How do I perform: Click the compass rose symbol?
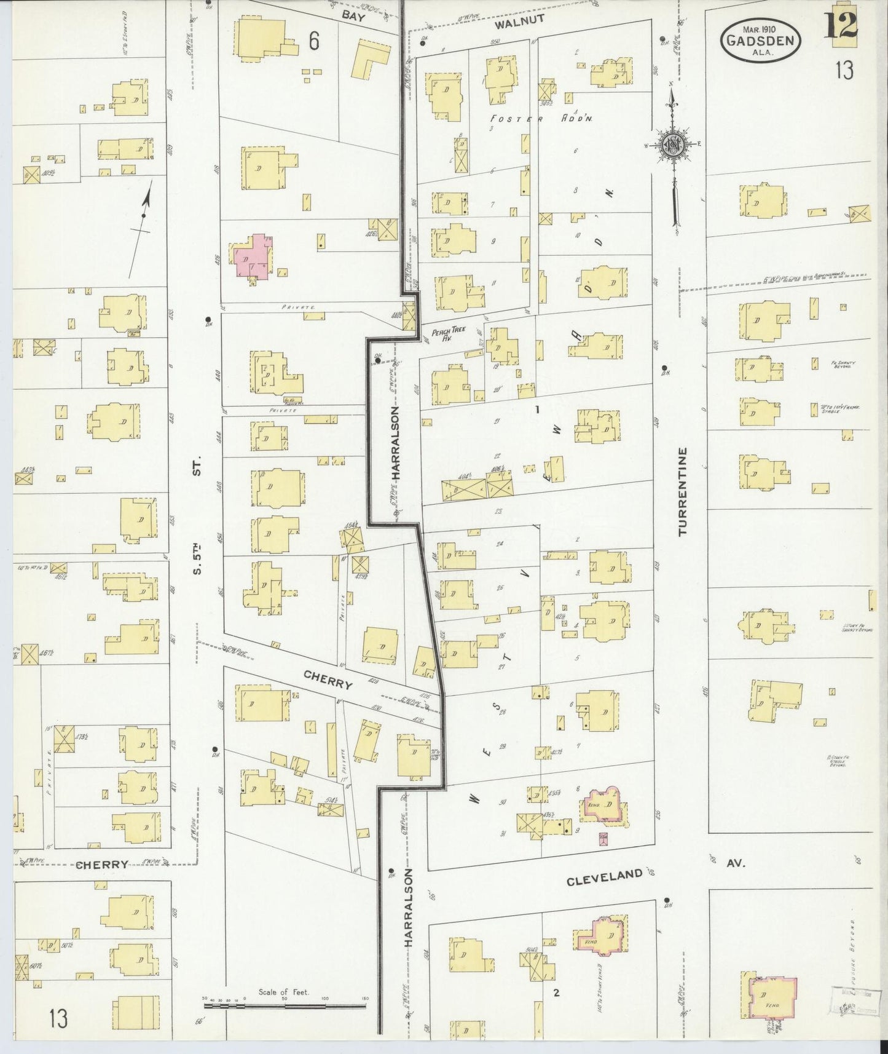(672, 145)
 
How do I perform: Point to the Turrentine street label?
(683, 491)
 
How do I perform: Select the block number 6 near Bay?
(314, 42)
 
